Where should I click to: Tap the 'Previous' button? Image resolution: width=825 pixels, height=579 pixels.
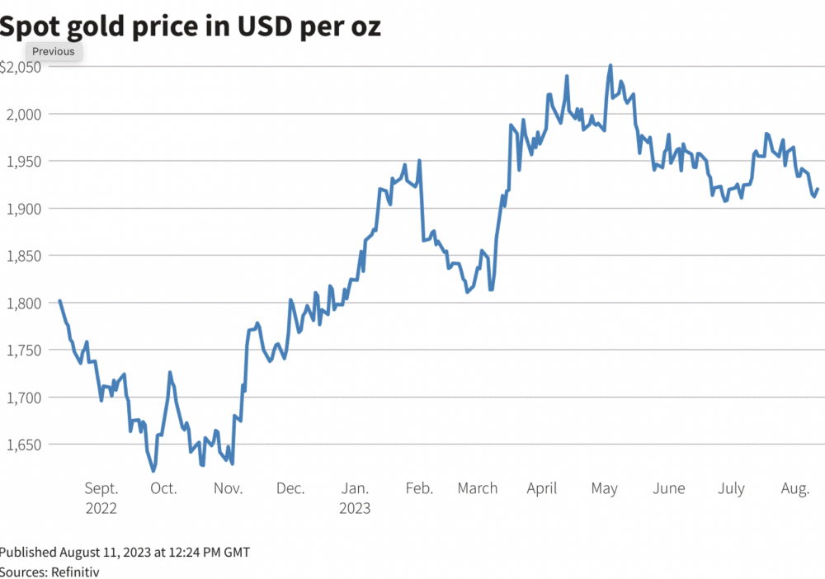[x=54, y=51]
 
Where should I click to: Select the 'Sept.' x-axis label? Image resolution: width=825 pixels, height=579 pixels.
[x=101, y=488]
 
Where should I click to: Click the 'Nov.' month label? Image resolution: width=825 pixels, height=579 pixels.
[x=228, y=488]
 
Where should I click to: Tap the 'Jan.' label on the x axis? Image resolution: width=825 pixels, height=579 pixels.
[x=355, y=488]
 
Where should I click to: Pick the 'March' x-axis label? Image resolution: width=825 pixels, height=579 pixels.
[x=478, y=488]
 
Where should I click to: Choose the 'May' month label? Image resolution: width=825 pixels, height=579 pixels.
[x=604, y=488]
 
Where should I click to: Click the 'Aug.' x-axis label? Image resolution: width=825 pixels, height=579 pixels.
[x=794, y=488]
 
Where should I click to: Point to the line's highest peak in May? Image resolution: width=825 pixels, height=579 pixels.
[x=610, y=65]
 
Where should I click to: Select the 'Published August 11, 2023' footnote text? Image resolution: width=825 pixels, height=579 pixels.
[x=125, y=552]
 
